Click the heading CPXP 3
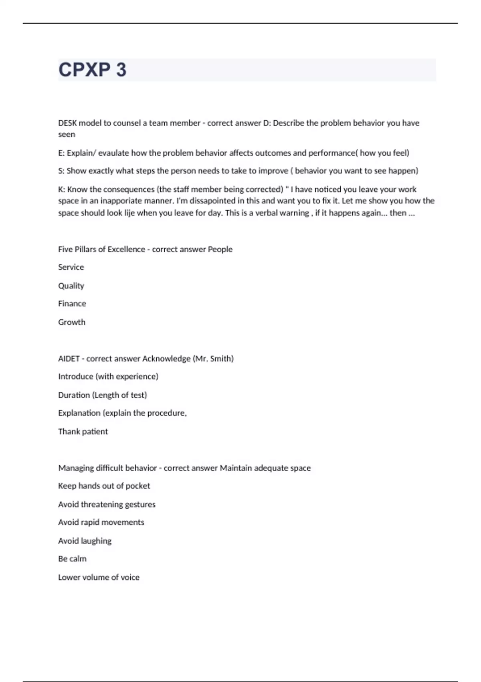click(92, 70)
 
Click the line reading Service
click(71, 267)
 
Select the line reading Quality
click(71, 286)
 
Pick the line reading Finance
click(72, 304)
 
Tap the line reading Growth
click(71, 322)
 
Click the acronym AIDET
click(69, 359)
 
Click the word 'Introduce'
click(75, 377)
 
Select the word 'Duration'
click(74, 395)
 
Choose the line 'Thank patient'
click(83, 432)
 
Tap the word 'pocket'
click(137, 486)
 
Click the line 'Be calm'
click(72, 559)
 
